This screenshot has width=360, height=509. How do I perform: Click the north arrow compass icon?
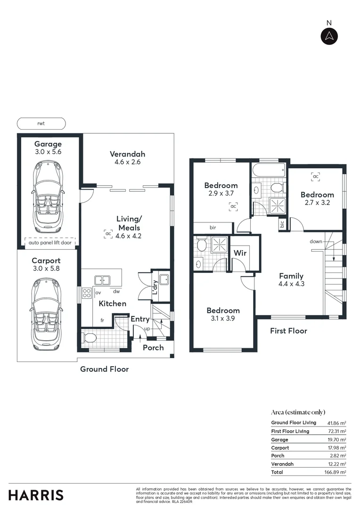click(x=329, y=36)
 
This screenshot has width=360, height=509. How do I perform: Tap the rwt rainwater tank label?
click(x=41, y=124)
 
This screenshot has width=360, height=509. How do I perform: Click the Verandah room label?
click(x=127, y=154)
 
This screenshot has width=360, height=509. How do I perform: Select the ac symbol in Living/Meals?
click(x=108, y=234)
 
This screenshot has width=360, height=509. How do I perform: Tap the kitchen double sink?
click(x=102, y=280)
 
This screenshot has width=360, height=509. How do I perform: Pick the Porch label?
click(x=153, y=348)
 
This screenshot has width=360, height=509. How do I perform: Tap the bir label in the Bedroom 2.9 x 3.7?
click(x=213, y=228)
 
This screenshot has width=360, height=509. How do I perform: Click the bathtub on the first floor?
click(x=268, y=171)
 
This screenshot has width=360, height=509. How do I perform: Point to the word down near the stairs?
click(x=316, y=242)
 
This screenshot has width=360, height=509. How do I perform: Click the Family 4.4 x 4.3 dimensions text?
click(x=291, y=284)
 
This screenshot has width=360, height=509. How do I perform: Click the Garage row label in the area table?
click(x=280, y=440)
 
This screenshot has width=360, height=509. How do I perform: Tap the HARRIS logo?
click(x=36, y=495)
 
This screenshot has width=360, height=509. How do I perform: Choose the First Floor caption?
click(x=288, y=331)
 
